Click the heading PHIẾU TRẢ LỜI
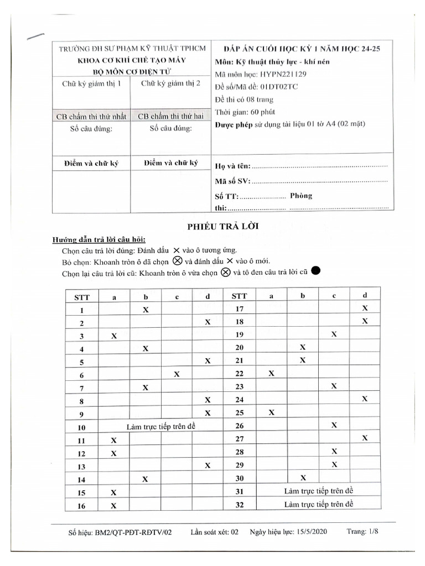[215, 226]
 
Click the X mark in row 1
[146, 310]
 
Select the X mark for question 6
[177, 374]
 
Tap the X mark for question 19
[334, 334]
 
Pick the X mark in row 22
[272, 374]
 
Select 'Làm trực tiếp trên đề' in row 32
[318, 504]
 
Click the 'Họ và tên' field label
[232, 166]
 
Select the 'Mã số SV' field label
[232, 181]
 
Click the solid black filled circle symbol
[316, 271]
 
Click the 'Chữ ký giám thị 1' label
[91, 83]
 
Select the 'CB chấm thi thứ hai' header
[170, 117]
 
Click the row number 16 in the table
[81, 506]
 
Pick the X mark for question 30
[303, 478]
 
